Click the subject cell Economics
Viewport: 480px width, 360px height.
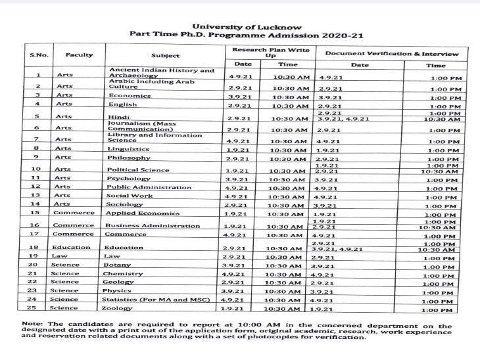pyautogui.click(x=130, y=96)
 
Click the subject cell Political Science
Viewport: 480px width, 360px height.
pyautogui.click(x=137, y=169)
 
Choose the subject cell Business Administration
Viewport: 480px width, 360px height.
pyautogui.click(x=152, y=226)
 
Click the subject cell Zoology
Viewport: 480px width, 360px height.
pyautogui.click(x=121, y=308)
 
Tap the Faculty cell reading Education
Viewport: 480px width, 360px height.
pyautogui.click(x=72, y=248)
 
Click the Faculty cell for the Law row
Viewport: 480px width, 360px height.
pyautogui.click(x=60, y=256)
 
